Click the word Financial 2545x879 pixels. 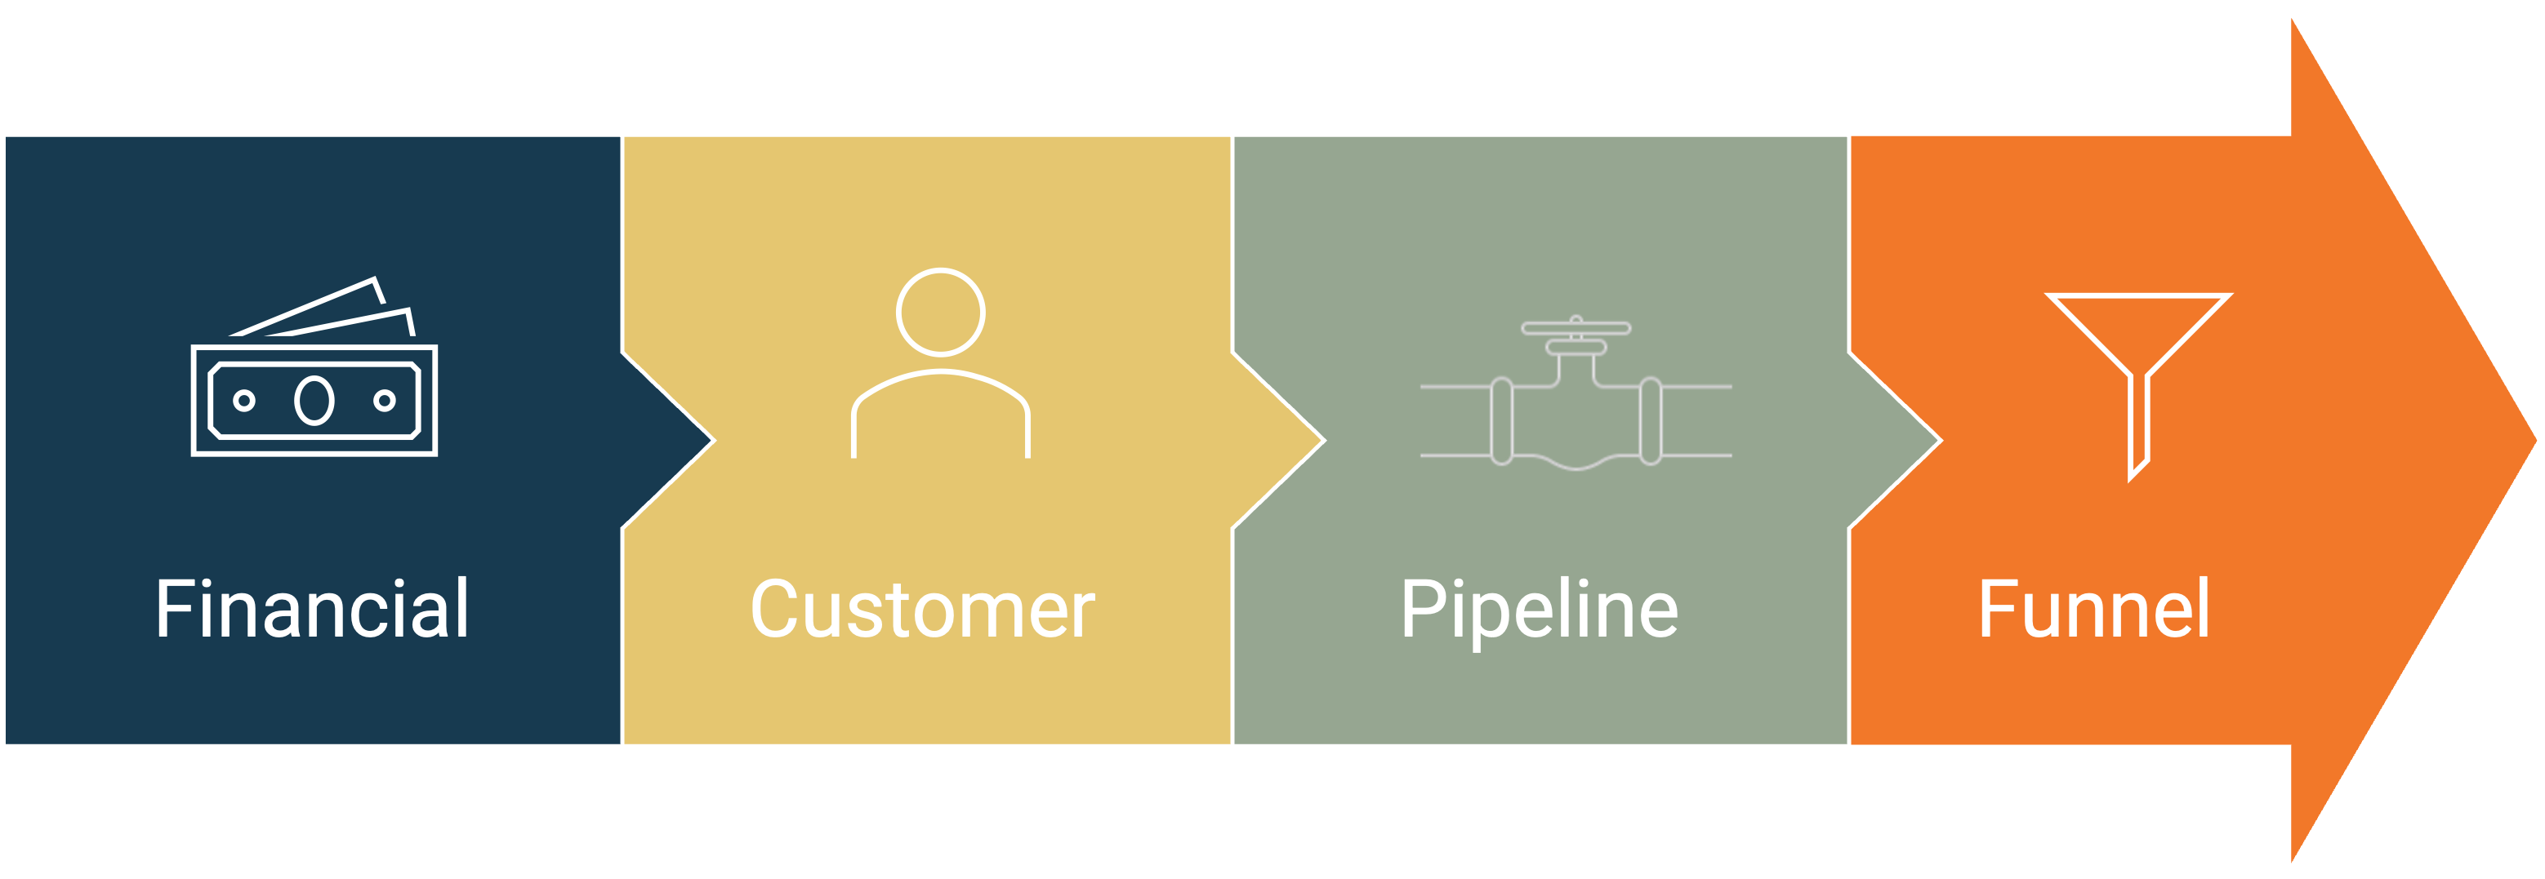click(312, 610)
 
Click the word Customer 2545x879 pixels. click(923, 610)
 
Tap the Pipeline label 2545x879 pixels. click(1540, 610)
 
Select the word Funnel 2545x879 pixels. click(2093, 610)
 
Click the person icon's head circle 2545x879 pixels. click(941, 312)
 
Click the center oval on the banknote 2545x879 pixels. click(314, 400)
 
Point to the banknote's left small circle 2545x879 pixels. click(244, 400)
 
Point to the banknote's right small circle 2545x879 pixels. click(385, 400)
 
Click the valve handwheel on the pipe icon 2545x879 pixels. click(1576, 329)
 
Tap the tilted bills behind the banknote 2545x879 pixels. click(326, 312)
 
